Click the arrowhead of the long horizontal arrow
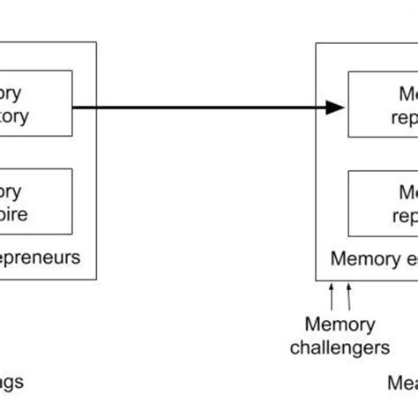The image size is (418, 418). (335, 108)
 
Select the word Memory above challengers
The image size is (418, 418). (340, 325)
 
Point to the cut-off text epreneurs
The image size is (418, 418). (40, 258)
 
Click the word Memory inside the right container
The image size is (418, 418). (362, 258)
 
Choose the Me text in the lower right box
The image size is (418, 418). (406, 190)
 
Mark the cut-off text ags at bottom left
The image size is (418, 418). (11, 383)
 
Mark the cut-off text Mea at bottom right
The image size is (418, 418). (402, 383)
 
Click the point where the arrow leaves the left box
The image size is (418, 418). (73, 108)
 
